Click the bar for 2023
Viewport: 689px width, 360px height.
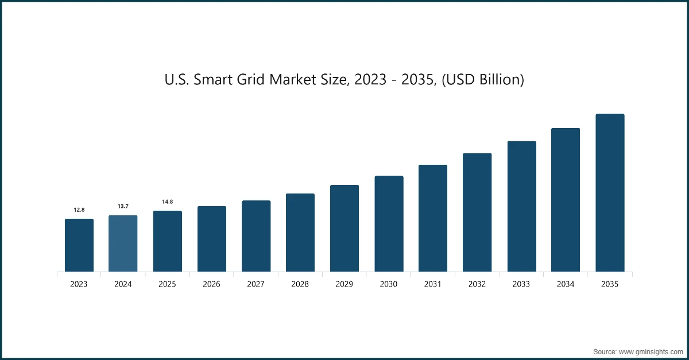[79, 245]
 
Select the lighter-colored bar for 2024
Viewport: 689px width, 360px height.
[123, 243]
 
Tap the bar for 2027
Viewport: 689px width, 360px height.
[256, 236]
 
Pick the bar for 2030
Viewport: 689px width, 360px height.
[389, 224]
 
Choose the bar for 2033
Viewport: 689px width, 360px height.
[521, 207]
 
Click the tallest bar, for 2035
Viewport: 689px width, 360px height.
[610, 193]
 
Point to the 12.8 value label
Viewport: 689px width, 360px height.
[79, 210]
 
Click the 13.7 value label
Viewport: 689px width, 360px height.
[123, 206]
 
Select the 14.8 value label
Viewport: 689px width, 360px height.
[167, 202]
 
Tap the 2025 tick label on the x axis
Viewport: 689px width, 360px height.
[167, 284]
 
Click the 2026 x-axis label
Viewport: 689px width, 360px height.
[212, 284]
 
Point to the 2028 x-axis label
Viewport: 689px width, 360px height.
[300, 284]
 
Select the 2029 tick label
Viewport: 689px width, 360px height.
[344, 284]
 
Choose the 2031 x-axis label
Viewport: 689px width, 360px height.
[433, 284]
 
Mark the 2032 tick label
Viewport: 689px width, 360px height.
[477, 284]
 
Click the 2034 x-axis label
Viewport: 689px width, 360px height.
[566, 284]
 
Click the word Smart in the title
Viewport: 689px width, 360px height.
[213, 80]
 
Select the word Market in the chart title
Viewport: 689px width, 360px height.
[291, 80]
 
